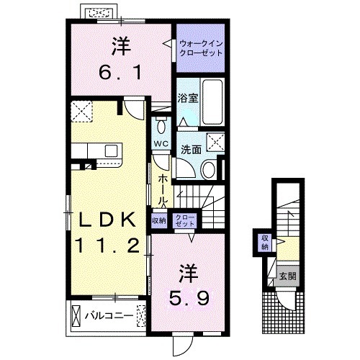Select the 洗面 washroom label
coord(191,150)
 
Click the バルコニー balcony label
coord(108,315)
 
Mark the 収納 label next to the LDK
coord(158,220)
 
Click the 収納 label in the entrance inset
coord(265,241)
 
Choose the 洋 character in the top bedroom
coord(119,46)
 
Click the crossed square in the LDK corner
coord(81,111)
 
